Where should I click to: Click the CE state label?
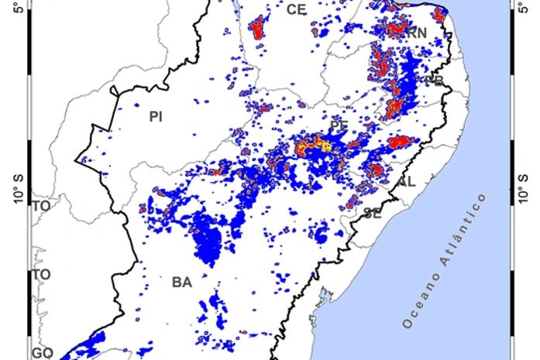coord(296,9)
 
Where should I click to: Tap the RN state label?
coord(417,33)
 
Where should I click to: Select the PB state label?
coord(435,81)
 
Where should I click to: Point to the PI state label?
coord(156,117)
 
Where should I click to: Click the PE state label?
coord(339,125)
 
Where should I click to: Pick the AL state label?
coord(407,182)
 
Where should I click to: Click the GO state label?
coord(42,353)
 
